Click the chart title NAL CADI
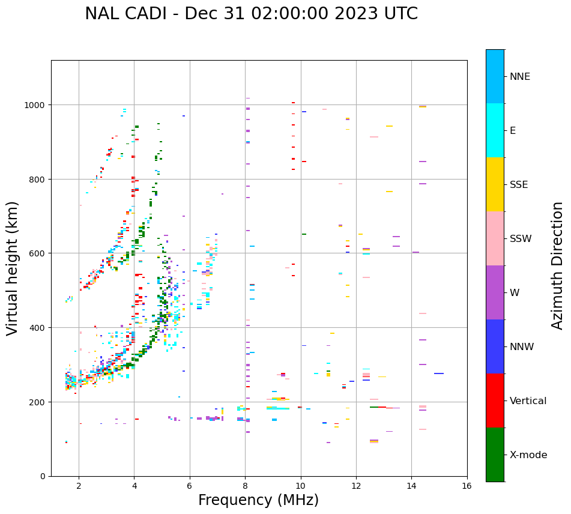[x=251, y=14]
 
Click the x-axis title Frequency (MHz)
[x=258, y=500]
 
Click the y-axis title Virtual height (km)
[x=13, y=268]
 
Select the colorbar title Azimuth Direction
[x=558, y=265]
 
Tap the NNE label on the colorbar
[x=520, y=77]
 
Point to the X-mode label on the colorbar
[x=528, y=455]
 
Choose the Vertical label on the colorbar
[x=528, y=401]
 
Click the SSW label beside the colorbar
[x=521, y=239]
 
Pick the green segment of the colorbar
[x=495, y=455]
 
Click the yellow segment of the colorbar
[x=495, y=184]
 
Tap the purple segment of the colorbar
[x=495, y=292]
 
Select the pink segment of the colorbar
[x=495, y=238]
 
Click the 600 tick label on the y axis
[x=38, y=253]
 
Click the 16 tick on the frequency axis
[x=467, y=486]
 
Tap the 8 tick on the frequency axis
[x=245, y=486]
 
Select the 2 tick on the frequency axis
[x=79, y=486]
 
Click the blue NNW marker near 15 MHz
[x=439, y=373]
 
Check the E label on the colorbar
[x=513, y=131]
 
